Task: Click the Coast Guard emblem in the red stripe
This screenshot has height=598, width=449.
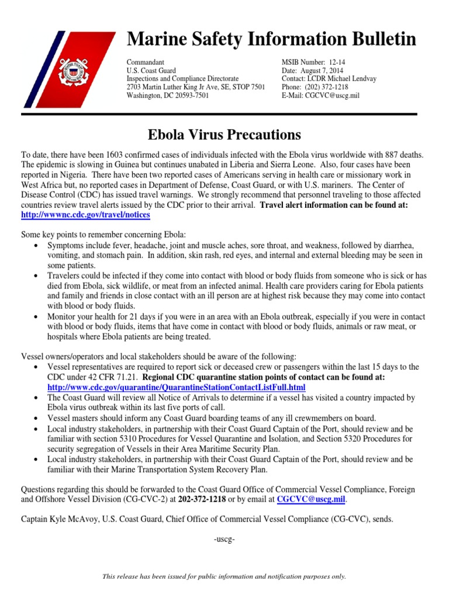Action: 76,70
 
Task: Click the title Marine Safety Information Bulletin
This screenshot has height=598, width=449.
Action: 272,40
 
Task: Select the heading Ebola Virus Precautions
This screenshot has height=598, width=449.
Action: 224,135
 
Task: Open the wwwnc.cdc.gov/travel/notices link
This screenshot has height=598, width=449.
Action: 85,215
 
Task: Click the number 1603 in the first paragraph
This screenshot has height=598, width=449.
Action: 116,154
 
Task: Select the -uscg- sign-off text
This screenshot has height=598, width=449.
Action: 224,538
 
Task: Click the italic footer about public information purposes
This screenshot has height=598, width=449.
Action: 224,576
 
